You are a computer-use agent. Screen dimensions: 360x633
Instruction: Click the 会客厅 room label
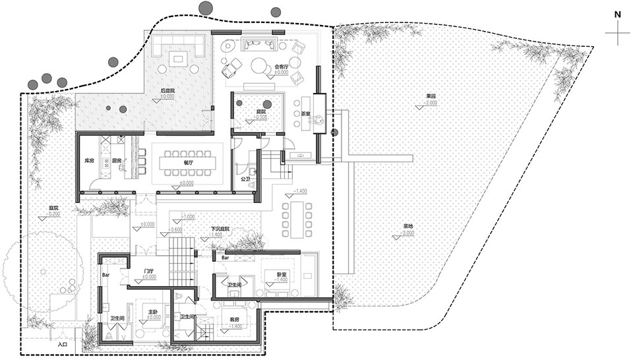coord(280,66)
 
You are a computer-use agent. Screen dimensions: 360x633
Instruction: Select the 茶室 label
coord(305,113)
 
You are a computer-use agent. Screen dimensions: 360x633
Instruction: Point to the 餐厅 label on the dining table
coord(187,160)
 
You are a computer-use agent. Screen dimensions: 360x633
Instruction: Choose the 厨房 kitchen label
coord(116,160)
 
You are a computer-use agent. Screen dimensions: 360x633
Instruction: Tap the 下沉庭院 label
coord(220,229)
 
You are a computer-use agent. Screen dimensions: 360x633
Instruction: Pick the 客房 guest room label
coord(235,319)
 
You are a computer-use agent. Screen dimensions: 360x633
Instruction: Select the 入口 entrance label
coord(63,344)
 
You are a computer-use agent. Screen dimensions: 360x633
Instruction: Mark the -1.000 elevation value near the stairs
coord(189,216)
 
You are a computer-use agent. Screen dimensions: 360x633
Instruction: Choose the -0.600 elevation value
coord(177,229)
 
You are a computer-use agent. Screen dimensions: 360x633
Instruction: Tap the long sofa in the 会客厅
coord(260,44)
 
